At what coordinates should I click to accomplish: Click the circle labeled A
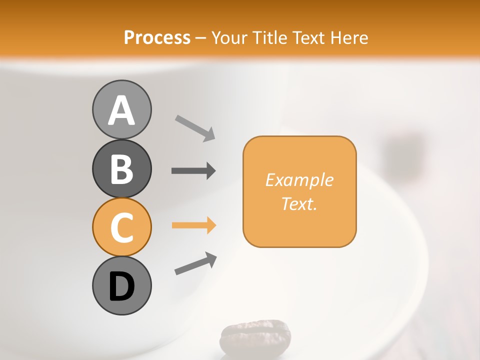[x=121, y=109]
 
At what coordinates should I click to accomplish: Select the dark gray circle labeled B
[x=121, y=168]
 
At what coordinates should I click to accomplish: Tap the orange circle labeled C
[x=121, y=227]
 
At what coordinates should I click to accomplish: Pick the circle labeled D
[x=121, y=285]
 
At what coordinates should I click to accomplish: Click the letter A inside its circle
[x=121, y=110]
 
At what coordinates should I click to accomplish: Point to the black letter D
[x=121, y=286]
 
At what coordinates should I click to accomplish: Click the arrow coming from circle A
[x=195, y=127]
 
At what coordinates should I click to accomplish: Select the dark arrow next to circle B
[x=193, y=171]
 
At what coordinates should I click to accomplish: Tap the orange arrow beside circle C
[x=193, y=225]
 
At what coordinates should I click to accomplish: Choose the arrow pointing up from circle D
[x=195, y=263]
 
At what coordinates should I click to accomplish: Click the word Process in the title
[x=157, y=37]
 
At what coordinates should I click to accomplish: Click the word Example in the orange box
[x=299, y=180]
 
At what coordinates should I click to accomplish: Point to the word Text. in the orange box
[x=299, y=203]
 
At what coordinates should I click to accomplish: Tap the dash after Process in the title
[x=200, y=38]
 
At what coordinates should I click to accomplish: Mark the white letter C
[x=121, y=228]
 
